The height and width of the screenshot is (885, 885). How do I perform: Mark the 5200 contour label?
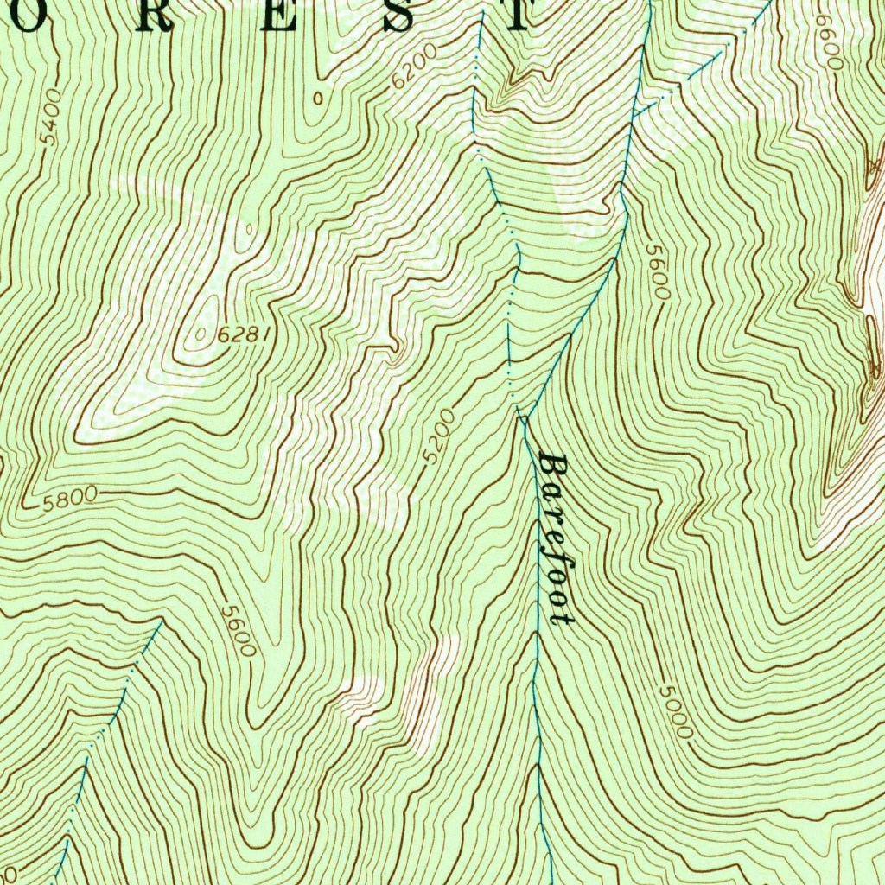(440, 436)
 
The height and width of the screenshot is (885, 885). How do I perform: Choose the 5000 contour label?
(675, 711)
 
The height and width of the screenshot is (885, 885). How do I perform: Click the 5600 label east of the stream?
(657, 271)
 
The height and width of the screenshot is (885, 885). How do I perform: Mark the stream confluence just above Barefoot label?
(522, 417)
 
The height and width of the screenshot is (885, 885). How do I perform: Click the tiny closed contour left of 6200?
(318, 98)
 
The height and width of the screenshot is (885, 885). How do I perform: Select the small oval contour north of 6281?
(249, 229)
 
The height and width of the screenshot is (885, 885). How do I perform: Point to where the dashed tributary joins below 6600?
(635, 112)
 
